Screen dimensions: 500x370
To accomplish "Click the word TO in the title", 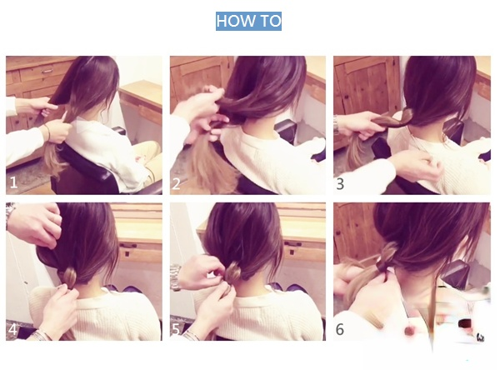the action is point(271,21).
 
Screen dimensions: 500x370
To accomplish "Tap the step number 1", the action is point(13,182).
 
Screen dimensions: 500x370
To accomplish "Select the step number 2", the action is point(176,183).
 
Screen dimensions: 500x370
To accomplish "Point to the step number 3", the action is point(340,184).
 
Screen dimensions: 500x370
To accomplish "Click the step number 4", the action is point(12,329).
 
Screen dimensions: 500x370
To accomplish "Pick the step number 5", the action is point(176,329).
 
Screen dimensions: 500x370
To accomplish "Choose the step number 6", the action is point(340,329).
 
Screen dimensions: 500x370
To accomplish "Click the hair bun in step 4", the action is point(68,277).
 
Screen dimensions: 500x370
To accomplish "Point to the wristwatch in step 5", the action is point(175,277).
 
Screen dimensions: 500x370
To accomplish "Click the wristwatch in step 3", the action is point(336,125).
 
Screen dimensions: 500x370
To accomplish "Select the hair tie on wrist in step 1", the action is point(47,132).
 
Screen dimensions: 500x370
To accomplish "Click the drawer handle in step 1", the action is point(47,71).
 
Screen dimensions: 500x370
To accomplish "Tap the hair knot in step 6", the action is point(387,255).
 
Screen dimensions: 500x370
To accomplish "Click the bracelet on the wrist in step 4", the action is point(39,335).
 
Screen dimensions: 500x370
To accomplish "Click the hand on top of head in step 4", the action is point(35,223).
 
